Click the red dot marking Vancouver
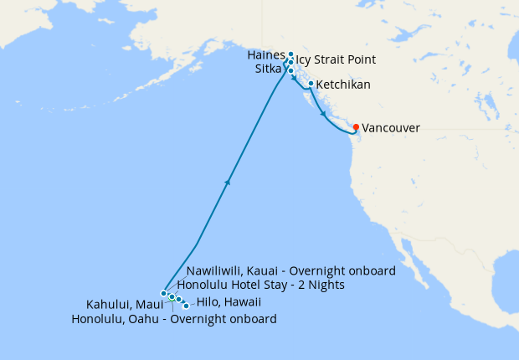(357, 127)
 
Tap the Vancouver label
(391, 128)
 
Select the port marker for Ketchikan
(311, 84)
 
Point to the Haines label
(267, 54)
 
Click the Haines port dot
(290, 54)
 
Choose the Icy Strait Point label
(336, 60)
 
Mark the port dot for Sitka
(290, 70)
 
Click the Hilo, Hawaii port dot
(186, 306)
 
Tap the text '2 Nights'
(320, 285)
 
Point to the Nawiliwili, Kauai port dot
(164, 293)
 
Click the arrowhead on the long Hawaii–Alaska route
(228, 182)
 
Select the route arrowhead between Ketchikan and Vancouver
(323, 113)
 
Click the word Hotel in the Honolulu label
(249, 285)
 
